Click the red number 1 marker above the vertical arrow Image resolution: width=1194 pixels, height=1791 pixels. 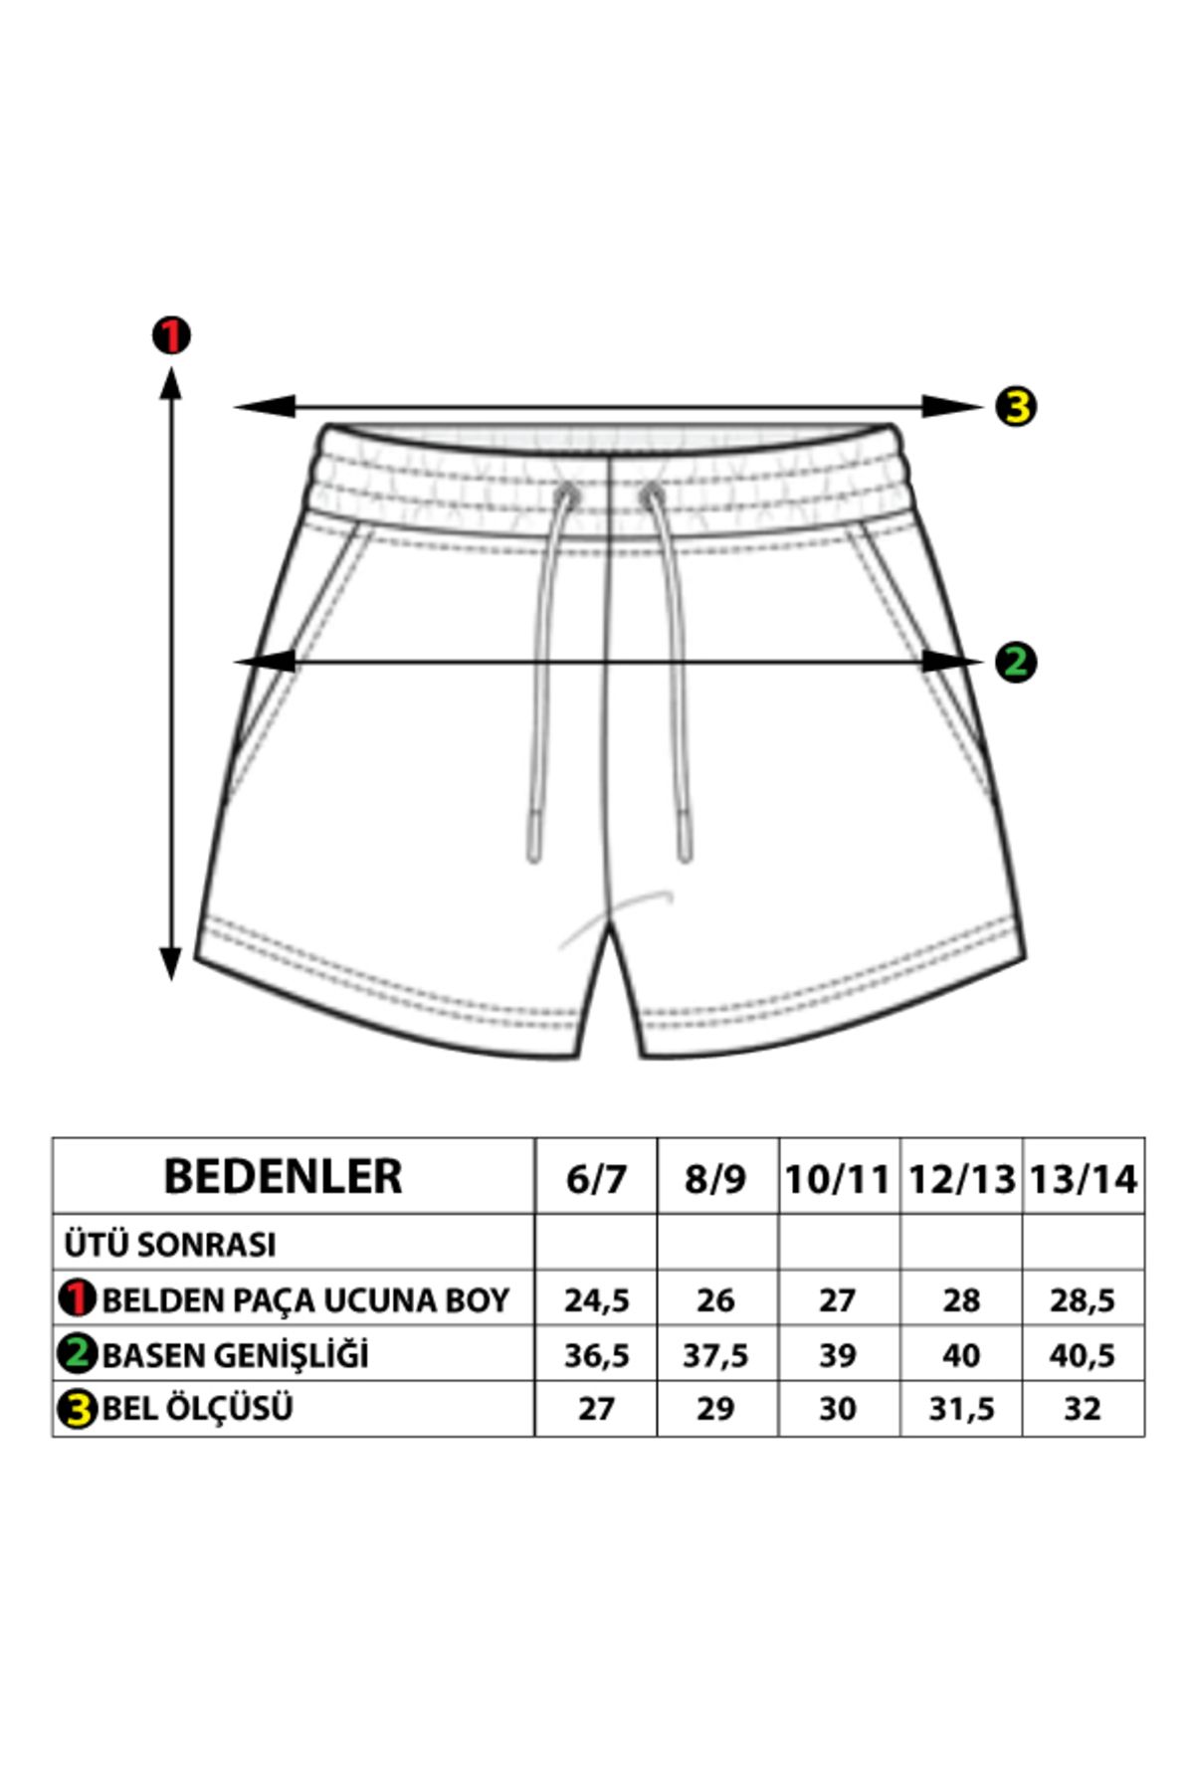tap(171, 336)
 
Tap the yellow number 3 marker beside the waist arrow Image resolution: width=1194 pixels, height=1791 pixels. tap(1015, 406)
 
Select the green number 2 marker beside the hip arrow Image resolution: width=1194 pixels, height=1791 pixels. tap(1015, 662)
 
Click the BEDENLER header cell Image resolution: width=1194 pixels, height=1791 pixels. tap(283, 1176)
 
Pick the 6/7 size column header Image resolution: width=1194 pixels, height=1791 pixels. tap(596, 1179)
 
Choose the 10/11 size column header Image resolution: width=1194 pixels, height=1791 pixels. tap(837, 1179)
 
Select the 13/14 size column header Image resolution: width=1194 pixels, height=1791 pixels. tap(1084, 1179)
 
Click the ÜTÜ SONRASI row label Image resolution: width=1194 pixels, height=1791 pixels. tap(170, 1244)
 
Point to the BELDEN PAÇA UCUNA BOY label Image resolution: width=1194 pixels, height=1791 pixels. tap(305, 1299)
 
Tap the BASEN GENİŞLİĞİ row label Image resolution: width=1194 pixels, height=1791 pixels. tap(235, 1354)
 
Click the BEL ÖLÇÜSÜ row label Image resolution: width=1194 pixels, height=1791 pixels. tap(197, 1408)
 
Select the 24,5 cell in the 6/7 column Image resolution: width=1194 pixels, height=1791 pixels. tap(596, 1300)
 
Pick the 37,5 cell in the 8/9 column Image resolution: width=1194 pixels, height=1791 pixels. tap(715, 1355)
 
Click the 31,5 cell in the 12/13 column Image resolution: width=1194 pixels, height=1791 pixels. tap(961, 1409)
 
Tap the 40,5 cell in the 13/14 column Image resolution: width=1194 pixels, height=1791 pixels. tap(1083, 1355)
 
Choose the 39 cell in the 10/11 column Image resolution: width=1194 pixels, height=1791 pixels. tap(837, 1355)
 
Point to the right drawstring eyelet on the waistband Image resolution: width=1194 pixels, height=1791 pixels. tap(652, 493)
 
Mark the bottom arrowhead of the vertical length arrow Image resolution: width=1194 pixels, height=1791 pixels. tap(171, 962)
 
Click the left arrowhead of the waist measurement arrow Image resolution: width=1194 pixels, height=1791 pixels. tap(265, 406)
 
